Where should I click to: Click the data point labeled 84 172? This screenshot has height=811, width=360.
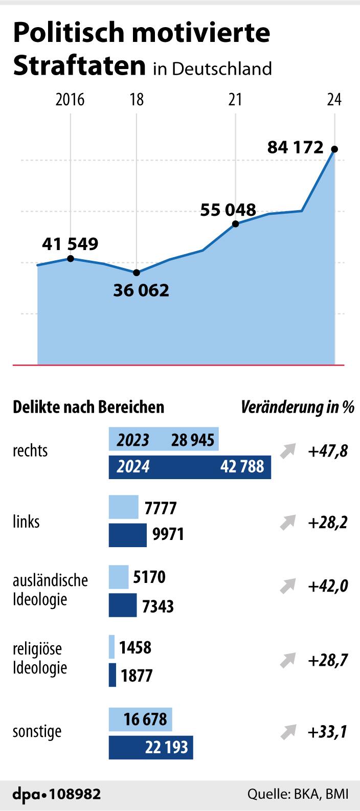click(x=334, y=149)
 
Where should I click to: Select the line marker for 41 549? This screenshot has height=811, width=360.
click(x=70, y=259)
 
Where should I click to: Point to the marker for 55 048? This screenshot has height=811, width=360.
click(x=235, y=224)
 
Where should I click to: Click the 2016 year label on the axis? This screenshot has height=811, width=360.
click(x=70, y=99)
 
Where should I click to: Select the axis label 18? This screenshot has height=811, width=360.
click(x=137, y=99)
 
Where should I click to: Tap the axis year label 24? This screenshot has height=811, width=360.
click(x=334, y=99)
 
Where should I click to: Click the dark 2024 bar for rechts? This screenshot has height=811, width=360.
click(x=189, y=466)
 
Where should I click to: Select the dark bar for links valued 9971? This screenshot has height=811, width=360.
click(x=127, y=535)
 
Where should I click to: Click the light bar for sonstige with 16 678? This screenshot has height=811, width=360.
click(x=140, y=719)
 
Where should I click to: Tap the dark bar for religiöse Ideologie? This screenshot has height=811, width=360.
click(x=112, y=675)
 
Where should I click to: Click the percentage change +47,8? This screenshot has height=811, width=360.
click(x=328, y=452)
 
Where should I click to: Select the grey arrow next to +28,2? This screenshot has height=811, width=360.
click(x=287, y=523)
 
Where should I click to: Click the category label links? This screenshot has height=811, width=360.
click(x=26, y=522)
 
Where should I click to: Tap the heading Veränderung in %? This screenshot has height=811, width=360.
click(x=297, y=407)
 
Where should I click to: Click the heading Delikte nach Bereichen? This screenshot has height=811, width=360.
click(x=88, y=407)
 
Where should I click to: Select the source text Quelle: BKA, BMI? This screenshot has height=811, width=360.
click(x=298, y=794)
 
